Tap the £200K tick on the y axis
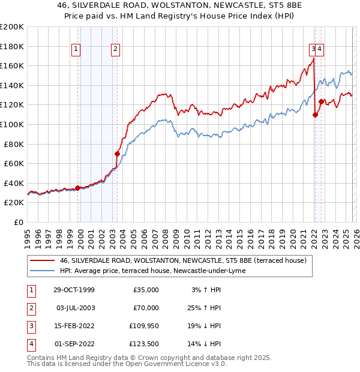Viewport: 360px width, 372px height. click(12, 27)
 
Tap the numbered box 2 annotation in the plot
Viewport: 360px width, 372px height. click(115, 50)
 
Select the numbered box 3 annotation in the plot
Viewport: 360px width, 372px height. click(313, 50)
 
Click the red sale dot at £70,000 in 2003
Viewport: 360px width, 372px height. click(117, 154)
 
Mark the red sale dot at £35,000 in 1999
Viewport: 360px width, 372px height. click(78, 188)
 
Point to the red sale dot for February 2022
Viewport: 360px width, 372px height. click(315, 115)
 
